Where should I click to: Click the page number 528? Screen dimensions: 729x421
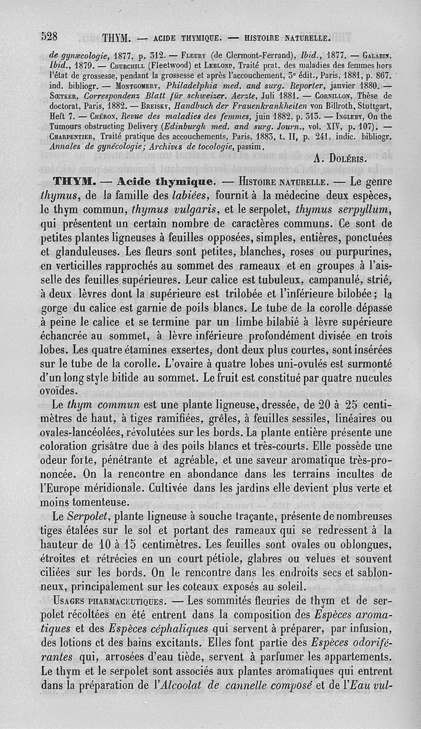pos(52,36)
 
